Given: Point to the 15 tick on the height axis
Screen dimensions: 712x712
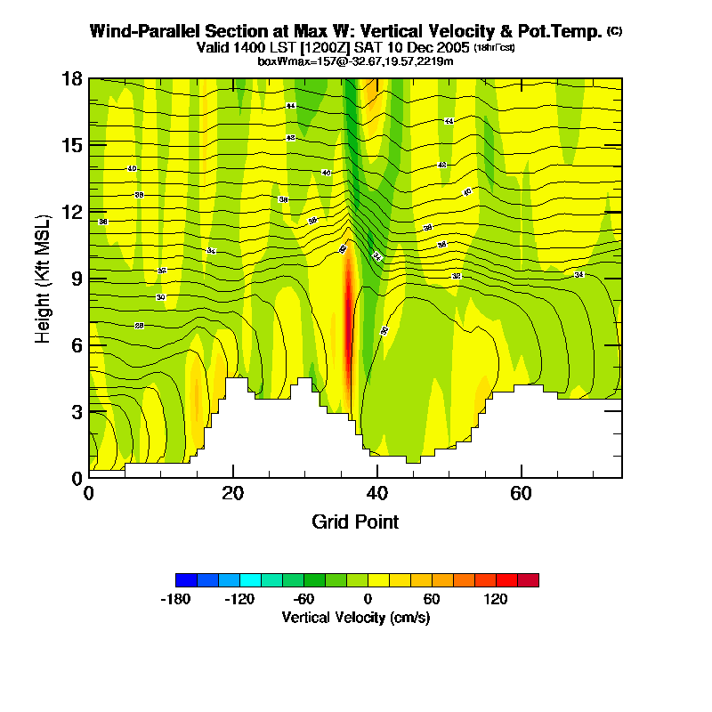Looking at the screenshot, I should click(90, 145).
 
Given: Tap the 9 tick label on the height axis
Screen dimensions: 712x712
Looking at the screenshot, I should click(77, 278).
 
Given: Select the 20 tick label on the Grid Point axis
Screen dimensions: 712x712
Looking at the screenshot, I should click(233, 492).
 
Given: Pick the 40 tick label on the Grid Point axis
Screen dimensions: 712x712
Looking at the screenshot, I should click(377, 492).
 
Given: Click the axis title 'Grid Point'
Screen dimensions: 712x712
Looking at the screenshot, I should click(355, 522).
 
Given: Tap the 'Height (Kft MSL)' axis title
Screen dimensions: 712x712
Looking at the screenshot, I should click(43, 279).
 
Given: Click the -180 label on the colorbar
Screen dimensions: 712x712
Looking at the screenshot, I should click(176, 600).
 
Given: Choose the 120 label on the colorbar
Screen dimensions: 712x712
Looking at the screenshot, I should click(496, 600).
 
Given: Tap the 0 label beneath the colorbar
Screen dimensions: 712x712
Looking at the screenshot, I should click(368, 600).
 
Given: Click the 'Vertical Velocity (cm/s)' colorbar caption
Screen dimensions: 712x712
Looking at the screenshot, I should click(356, 617).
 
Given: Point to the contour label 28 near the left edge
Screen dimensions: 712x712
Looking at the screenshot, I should click(139, 326).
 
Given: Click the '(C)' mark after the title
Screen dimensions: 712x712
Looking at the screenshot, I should click(614, 31).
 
